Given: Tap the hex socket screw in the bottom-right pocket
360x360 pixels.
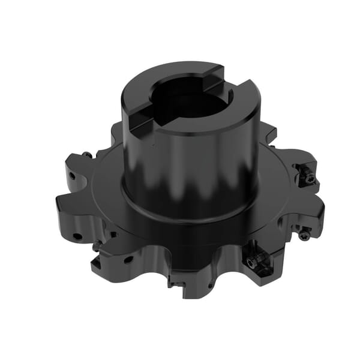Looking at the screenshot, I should coord(257,259).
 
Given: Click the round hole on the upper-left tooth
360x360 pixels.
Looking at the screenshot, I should coord(73,178).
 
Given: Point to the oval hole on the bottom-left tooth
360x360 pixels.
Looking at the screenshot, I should coord(128,259).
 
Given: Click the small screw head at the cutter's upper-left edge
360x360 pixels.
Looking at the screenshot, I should coord(88,155).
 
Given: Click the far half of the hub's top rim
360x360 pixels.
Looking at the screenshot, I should coord(180,69).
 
